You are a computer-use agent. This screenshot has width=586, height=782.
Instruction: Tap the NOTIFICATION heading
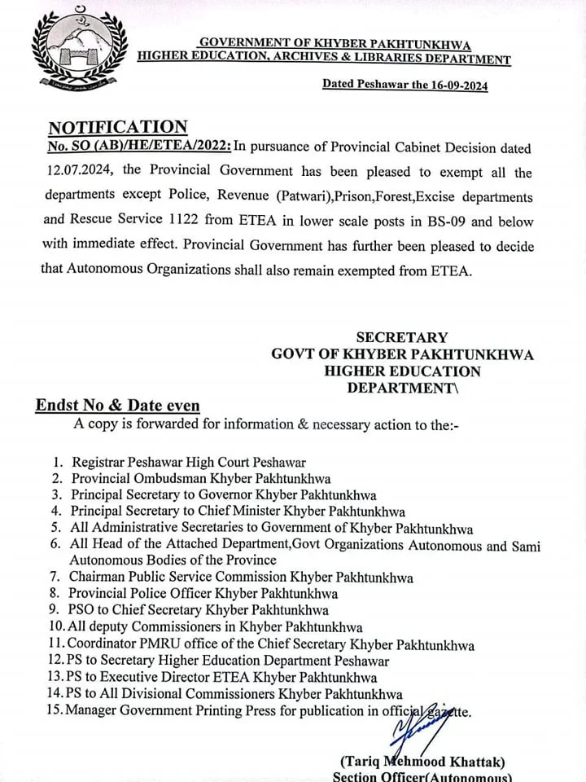[118, 127]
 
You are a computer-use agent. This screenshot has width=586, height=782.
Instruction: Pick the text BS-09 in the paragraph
[446, 220]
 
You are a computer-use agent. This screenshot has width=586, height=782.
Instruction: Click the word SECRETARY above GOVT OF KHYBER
[402, 337]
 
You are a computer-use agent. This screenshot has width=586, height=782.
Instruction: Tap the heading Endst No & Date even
[117, 405]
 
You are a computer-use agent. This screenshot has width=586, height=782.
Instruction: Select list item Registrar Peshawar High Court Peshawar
[190, 462]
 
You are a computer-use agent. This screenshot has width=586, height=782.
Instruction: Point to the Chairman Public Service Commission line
[242, 578]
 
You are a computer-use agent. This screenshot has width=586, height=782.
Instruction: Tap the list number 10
[55, 627]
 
